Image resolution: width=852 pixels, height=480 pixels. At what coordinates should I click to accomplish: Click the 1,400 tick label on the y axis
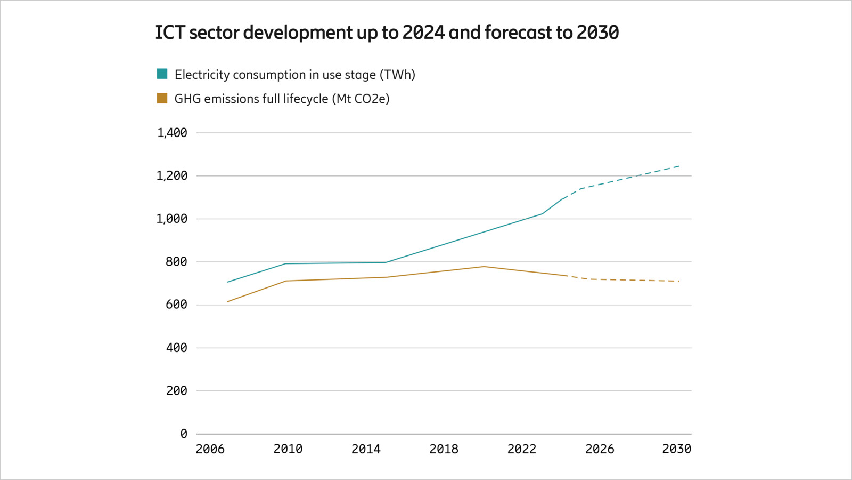(172, 133)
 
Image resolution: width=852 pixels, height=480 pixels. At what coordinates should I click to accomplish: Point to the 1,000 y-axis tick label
(171, 219)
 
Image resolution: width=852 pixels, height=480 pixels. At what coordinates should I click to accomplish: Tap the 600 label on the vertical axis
(176, 305)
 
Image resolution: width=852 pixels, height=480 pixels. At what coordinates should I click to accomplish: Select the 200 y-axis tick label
(176, 391)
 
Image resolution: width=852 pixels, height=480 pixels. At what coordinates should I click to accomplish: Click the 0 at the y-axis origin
(184, 434)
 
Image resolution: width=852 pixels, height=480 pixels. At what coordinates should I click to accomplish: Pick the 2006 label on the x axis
(210, 449)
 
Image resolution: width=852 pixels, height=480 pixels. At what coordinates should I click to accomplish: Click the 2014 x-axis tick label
(366, 449)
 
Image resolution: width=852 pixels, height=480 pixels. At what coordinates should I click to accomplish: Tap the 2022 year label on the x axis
(521, 449)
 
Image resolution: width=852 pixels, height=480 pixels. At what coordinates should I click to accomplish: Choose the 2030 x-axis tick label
(676, 449)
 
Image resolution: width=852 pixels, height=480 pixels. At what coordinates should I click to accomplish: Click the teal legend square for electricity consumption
(162, 74)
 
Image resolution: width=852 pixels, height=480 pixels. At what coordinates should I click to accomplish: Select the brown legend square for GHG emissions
(162, 98)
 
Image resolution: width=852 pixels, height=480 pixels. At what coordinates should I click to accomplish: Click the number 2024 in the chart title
(423, 33)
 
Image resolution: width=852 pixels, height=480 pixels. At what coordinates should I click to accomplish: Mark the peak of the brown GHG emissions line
(484, 267)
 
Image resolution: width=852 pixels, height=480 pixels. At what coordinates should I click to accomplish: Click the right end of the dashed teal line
(679, 166)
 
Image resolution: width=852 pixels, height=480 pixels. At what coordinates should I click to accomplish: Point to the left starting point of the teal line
(227, 282)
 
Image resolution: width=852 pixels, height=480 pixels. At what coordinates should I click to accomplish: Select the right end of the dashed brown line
(679, 281)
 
